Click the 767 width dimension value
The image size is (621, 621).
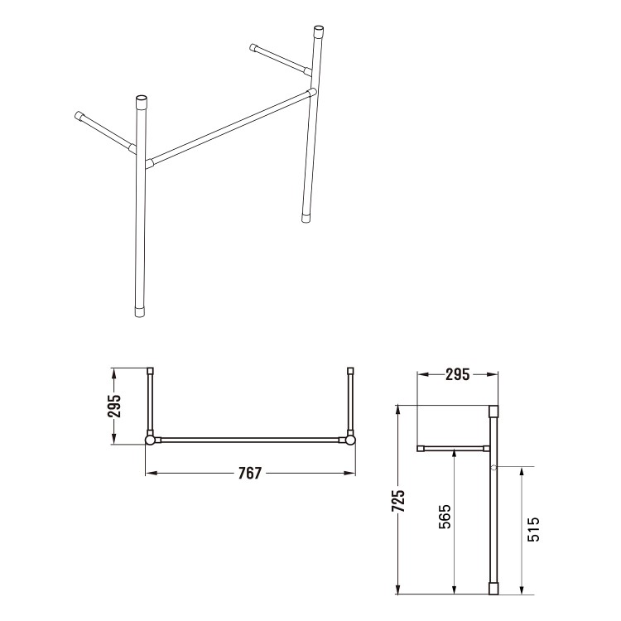pos(249,473)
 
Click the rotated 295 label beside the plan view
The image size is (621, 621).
pos(115,406)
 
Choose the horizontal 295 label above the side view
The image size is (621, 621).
pos(457,374)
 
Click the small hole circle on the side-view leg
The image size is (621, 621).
pos(494,469)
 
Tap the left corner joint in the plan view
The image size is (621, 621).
pos(150,440)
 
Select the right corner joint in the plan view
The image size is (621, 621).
pos(351,440)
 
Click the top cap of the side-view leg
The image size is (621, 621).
pos(494,411)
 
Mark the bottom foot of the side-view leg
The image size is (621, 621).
pos(494,588)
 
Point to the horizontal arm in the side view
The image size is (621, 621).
pos(454,449)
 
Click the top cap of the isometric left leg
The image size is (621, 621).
pos(141,103)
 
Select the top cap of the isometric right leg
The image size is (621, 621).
pos(317,33)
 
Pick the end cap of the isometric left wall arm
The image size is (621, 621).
pos(79,115)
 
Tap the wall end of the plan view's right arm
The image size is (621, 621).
pos(351,372)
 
